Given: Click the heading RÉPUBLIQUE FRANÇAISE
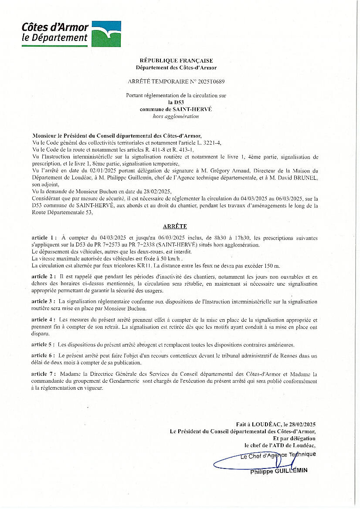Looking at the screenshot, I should [x=176, y=61].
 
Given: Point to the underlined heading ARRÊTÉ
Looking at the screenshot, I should [x=175, y=226].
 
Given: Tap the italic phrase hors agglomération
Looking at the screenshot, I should [x=176, y=116].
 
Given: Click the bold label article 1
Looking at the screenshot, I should [x=44, y=238].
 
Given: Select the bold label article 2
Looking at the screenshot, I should [x=44, y=277].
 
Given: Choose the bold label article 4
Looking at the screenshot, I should [x=44, y=320].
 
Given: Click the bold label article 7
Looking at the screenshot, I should [x=44, y=374].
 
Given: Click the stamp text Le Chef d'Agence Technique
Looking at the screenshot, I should [x=278, y=455].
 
